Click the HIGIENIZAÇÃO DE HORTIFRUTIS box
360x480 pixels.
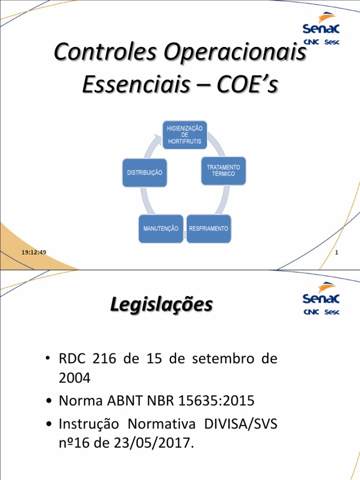185,135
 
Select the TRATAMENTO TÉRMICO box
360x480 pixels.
223,171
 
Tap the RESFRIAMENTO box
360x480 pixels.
209,229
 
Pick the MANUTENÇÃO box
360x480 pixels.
161,229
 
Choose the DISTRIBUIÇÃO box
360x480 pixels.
145,172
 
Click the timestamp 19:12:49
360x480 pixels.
33,253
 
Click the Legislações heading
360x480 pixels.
161,305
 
